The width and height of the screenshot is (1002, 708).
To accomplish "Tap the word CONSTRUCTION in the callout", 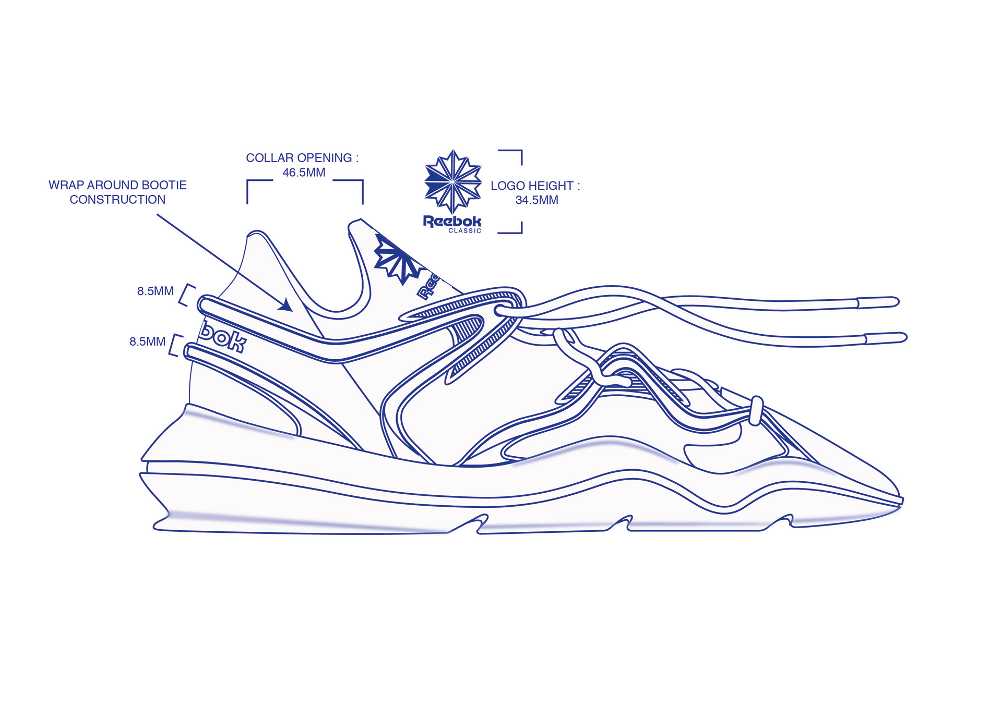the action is click(117, 200).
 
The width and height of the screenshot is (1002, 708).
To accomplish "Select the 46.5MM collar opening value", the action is click(304, 173).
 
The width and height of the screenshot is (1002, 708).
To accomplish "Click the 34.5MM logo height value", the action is click(536, 200).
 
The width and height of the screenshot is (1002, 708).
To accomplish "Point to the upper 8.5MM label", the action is click(155, 291).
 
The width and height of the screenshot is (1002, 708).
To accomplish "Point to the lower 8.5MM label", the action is click(147, 342).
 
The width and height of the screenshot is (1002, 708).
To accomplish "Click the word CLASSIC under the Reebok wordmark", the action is click(464, 231).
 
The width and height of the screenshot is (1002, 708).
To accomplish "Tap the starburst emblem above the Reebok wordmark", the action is click(452, 181).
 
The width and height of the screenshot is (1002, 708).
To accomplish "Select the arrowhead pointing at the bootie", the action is click(286, 304).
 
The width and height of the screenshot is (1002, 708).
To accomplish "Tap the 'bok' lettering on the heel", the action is click(223, 338).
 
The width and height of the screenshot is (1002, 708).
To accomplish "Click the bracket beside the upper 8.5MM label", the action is click(186, 295).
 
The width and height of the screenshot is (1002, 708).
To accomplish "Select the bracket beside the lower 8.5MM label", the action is click(176, 345).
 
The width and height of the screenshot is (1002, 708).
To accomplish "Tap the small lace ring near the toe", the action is click(756, 411).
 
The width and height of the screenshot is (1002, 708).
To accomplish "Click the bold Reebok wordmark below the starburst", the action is click(452, 221).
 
